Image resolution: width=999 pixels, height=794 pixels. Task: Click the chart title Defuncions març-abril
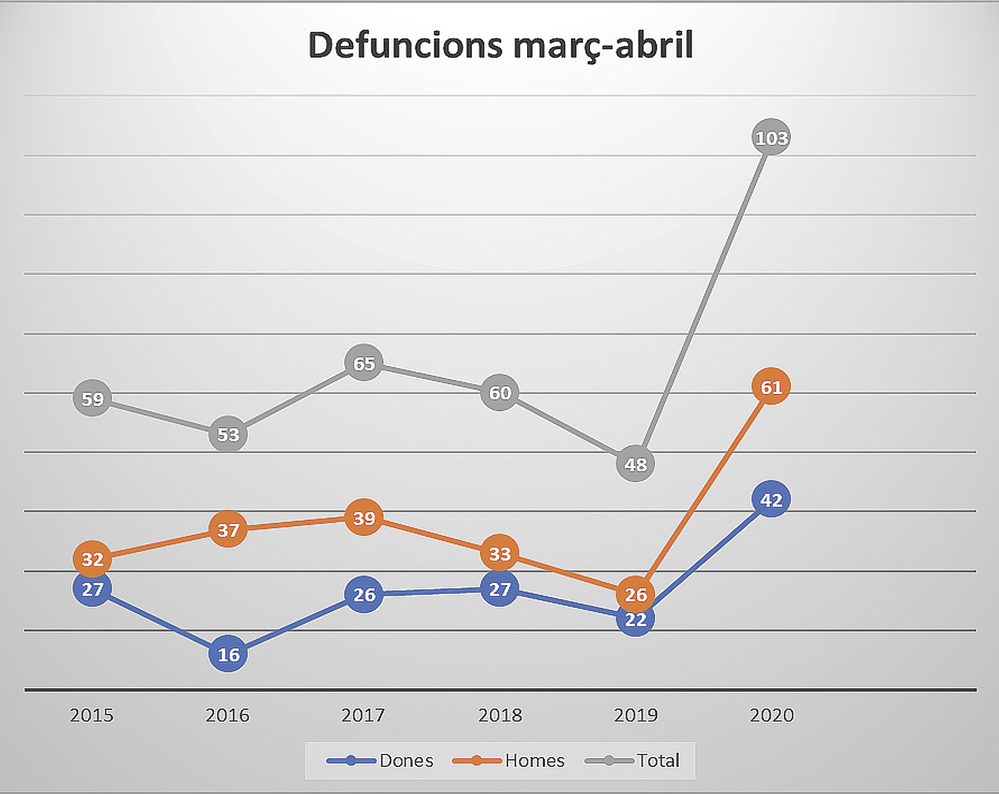[x=500, y=45]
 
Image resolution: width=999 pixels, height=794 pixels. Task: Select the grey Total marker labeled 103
[x=771, y=137]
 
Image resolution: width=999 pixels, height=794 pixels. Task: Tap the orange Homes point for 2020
[x=771, y=387]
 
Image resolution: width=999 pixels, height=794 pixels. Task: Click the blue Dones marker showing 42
[x=771, y=500]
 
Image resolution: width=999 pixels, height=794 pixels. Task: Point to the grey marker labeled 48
[x=635, y=464]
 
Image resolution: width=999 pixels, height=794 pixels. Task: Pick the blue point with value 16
[x=228, y=654]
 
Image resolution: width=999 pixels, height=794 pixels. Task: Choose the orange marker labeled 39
[x=364, y=518]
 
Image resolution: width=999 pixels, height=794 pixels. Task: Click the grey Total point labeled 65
[x=364, y=363]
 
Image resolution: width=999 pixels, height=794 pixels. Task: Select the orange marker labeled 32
[x=92, y=559]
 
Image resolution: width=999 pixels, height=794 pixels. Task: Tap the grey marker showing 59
[x=92, y=399]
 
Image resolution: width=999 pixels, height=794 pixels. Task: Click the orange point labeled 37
[x=228, y=530]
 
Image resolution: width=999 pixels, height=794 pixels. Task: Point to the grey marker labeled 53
[x=228, y=435]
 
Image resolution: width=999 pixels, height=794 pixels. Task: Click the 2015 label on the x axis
[x=91, y=715]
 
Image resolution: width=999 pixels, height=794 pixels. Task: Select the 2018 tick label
[x=499, y=715]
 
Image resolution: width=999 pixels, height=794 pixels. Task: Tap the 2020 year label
[x=771, y=715]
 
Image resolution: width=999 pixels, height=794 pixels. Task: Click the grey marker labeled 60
[x=499, y=392]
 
